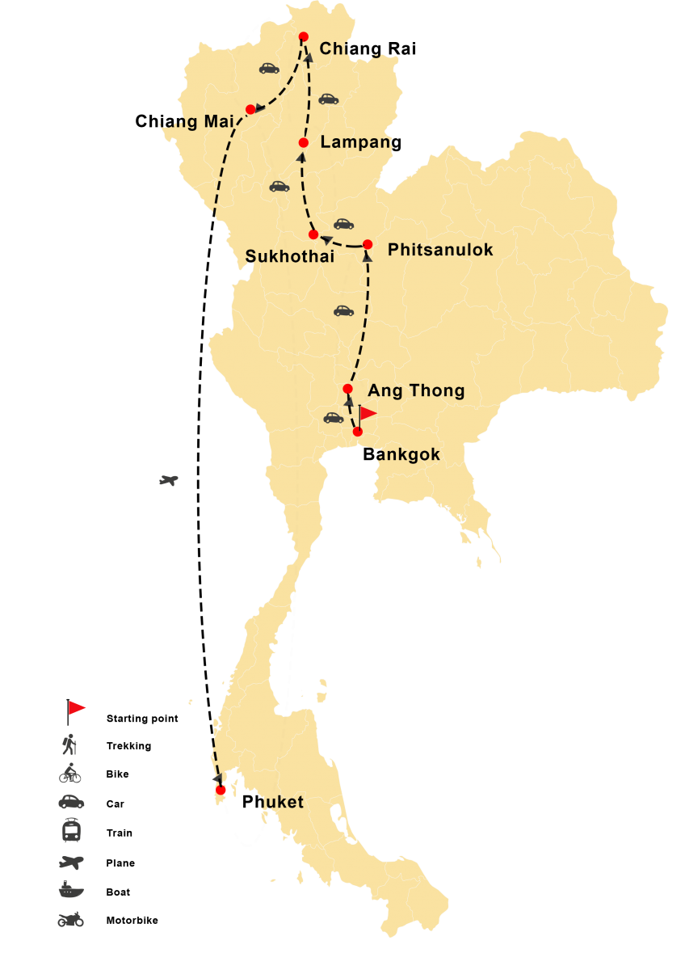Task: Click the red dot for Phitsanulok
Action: pyautogui.click(x=368, y=244)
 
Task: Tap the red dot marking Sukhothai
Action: pyautogui.click(x=313, y=234)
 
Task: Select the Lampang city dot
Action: pyautogui.click(x=304, y=143)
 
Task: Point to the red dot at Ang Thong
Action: pyautogui.click(x=348, y=389)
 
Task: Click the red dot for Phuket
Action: pyautogui.click(x=221, y=791)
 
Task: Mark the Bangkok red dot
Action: pyautogui.click(x=358, y=432)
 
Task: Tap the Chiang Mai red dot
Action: pyautogui.click(x=250, y=109)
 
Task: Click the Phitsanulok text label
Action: pyautogui.click(x=440, y=251)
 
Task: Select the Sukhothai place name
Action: pyautogui.click(x=279, y=257)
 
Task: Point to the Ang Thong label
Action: pyautogui.click(x=416, y=391)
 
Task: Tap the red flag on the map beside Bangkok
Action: pyautogui.click(x=368, y=414)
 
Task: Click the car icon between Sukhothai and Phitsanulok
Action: pyautogui.click(x=344, y=224)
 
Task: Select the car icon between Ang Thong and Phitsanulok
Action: pyautogui.click(x=343, y=310)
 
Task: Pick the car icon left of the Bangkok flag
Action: pyautogui.click(x=333, y=418)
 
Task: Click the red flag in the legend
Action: pyautogui.click(x=76, y=709)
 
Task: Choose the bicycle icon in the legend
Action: pyautogui.click(x=70, y=774)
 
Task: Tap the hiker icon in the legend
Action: pyautogui.click(x=71, y=743)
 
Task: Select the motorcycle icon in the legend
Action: pyautogui.click(x=70, y=919)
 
